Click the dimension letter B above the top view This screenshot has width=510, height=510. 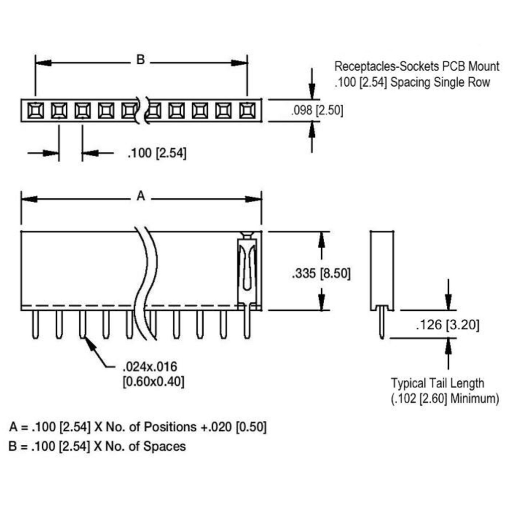(x=140, y=60)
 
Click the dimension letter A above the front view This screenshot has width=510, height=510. (x=140, y=197)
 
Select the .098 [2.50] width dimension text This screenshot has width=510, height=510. (x=317, y=110)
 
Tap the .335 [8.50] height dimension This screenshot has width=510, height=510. (x=321, y=273)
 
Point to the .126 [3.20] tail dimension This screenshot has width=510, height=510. (x=447, y=325)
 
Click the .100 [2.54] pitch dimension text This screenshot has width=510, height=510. (x=157, y=153)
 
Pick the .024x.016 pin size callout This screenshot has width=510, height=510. (x=150, y=368)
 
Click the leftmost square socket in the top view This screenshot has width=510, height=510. (x=35, y=110)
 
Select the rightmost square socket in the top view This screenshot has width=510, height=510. (x=247, y=110)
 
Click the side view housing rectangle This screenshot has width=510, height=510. (x=382, y=269)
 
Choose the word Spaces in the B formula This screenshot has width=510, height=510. (x=164, y=446)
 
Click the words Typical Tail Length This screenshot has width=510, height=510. (x=437, y=383)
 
